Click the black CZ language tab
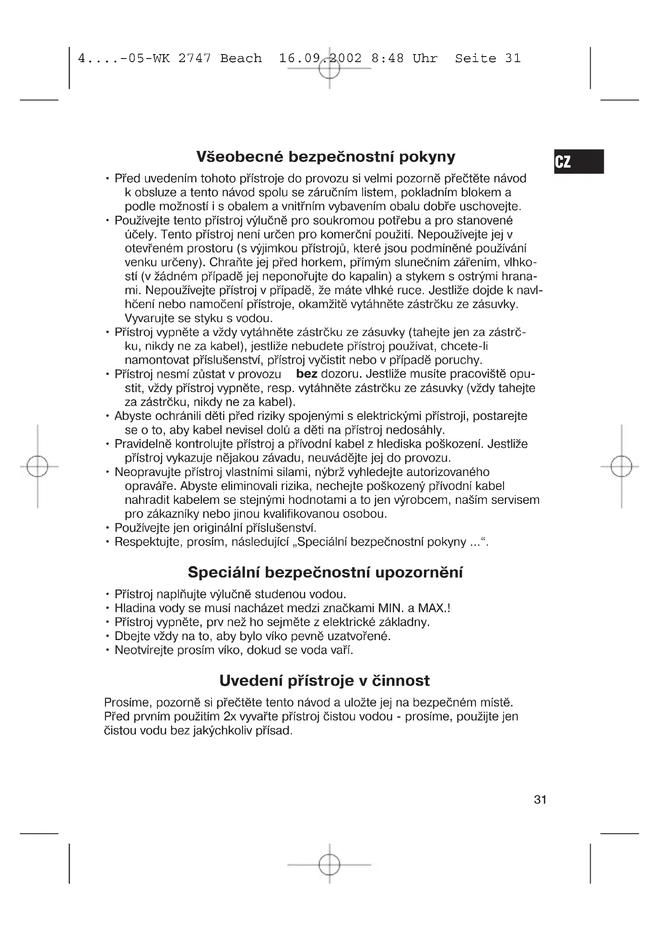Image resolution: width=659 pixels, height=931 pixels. pos(579,161)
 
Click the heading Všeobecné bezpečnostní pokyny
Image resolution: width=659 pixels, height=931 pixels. pos(326,156)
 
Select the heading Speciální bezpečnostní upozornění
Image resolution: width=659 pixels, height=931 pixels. pos(325,572)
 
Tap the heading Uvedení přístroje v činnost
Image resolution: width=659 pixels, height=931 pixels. pos(324,680)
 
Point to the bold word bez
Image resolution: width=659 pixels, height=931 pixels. pos(306,374)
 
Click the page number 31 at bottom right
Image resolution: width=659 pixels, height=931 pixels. pos(540,800)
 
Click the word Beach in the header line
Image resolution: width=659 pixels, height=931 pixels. pos(241,59)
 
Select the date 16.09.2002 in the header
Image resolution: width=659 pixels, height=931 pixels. pos(320,59)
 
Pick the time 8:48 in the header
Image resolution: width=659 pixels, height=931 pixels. pos(388,59)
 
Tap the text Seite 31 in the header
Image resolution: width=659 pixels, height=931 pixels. pos(487,59)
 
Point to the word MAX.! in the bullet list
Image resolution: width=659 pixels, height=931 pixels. pos(434,608)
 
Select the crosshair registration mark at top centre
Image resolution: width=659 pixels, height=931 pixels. pos(329,68)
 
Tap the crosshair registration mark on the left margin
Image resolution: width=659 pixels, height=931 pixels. pos(37,466)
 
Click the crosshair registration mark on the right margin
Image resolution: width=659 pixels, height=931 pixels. pos(621,466)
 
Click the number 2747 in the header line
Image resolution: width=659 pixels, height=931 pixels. pos(195,59)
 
